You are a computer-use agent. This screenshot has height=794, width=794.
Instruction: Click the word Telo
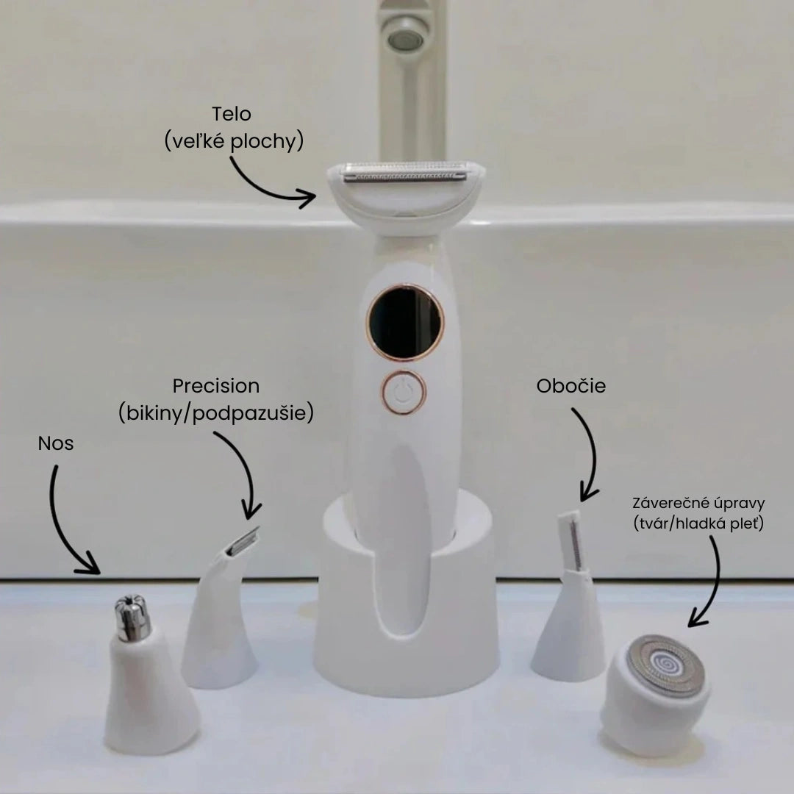pos(232,115)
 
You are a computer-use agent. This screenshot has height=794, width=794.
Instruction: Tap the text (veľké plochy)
pos(235,141)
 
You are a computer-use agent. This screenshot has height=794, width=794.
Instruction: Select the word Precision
pos(216,386)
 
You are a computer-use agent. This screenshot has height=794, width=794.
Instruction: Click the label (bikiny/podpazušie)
pos(216,413)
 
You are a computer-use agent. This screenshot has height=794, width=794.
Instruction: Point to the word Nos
pos(57,443)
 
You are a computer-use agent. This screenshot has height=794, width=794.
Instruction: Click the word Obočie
pos(571,386)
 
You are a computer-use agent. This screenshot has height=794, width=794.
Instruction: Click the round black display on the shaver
pos(405,321)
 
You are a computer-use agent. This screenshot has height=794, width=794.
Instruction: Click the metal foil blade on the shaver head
pos(406,174)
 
